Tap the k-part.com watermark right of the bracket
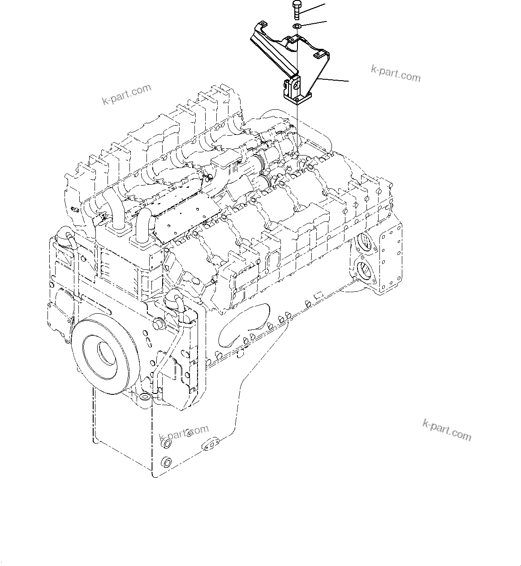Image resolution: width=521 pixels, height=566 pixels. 396,73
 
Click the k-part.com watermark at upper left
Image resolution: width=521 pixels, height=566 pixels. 126,95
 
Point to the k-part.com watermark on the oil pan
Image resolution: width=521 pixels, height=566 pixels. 184,433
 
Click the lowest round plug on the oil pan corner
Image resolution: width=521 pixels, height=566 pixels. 167,462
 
